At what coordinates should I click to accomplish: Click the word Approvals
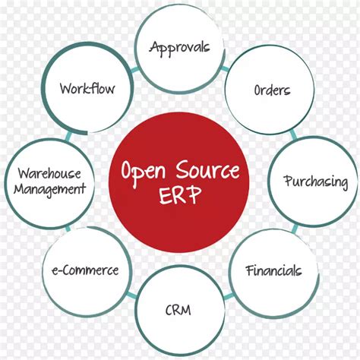[179, 48]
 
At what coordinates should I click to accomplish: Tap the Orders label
[272, 90]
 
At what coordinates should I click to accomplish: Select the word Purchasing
[316, 182]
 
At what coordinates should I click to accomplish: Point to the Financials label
[273, 270]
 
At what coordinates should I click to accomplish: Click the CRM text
[178, 310]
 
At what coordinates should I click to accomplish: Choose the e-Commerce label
[85, 270]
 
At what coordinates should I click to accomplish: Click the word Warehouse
[49, 174]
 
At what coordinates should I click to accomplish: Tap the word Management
[50, 189]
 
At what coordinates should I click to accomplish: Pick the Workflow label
[87, 88]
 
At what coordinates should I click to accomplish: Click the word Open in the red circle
[144, 172]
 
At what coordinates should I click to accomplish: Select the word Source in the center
[207, 169]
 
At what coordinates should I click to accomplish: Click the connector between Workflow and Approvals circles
[135, 70]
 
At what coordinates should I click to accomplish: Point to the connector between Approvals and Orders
[225, 68]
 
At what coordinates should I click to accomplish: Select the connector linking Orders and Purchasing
[293, 134]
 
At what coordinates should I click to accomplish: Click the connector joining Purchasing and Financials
[295, 229]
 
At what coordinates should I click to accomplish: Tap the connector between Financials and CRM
[228, 296]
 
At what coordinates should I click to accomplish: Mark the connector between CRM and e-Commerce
[131, 295]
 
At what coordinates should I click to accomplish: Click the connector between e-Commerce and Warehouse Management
[68, 229]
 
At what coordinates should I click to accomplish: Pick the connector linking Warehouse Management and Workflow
[68, 136]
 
